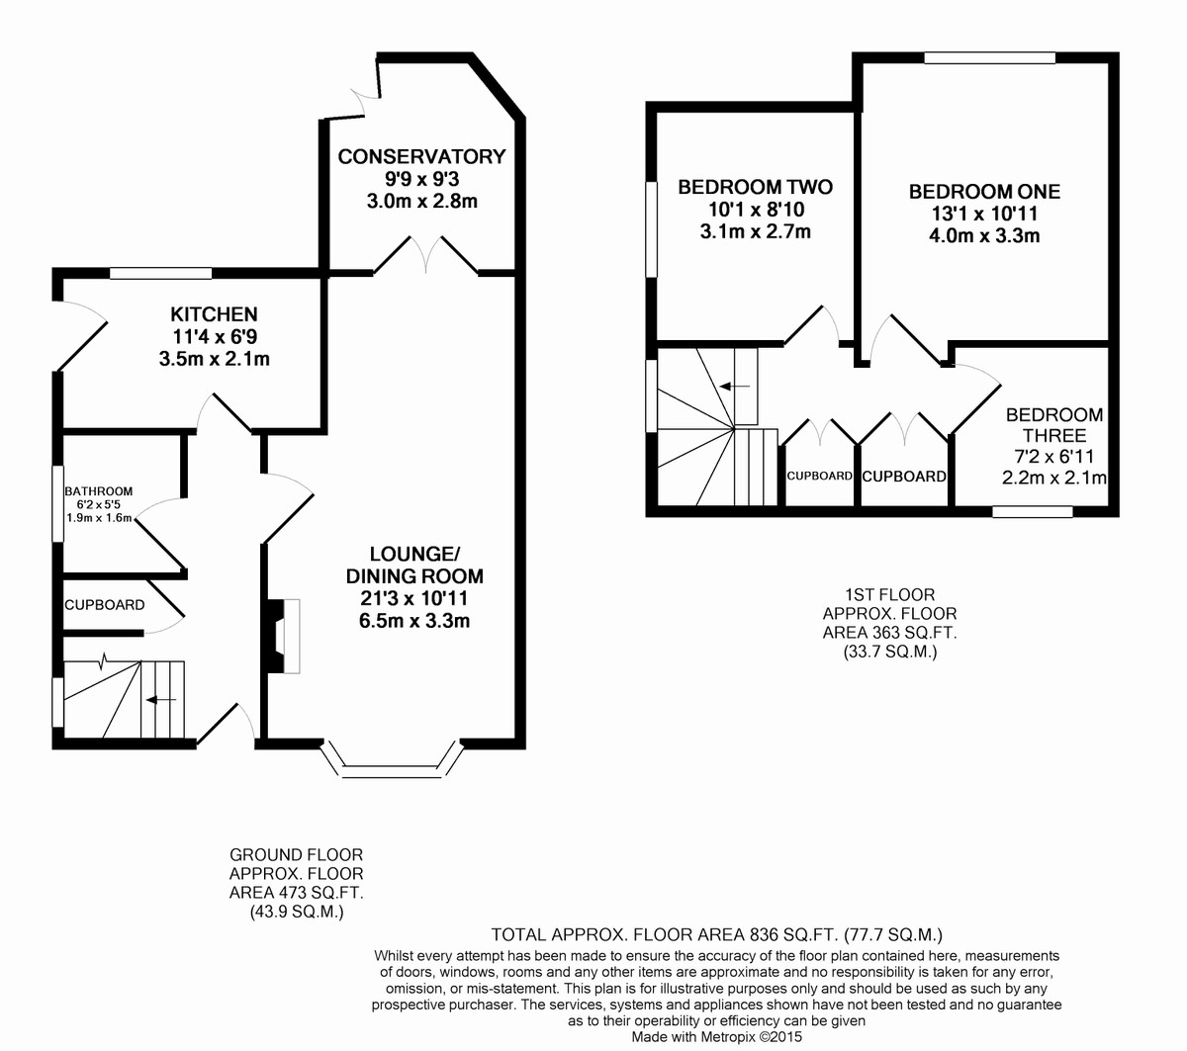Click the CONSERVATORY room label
(x=421, y=156)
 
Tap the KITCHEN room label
(x=214, y=314)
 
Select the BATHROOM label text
(x=99, y=491)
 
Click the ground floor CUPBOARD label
(x=104, y=605)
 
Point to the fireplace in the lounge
(x=284, y=636)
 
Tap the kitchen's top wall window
(x=161, y=273)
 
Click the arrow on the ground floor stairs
(x=161, y=700)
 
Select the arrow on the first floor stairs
(x=735, y=387)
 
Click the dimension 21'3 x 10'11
(x=414, y=598)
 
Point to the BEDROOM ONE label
(x=984, y=192)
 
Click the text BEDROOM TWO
(x=755, y=188)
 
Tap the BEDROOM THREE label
(x=1054, y=425)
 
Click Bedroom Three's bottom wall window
(x=1033, y=512)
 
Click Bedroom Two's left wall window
(x=651, y=229)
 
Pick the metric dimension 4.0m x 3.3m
(x=984, y=236)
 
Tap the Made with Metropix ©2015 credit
(x=716, y=1037)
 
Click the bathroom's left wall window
(x=57, y=503)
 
